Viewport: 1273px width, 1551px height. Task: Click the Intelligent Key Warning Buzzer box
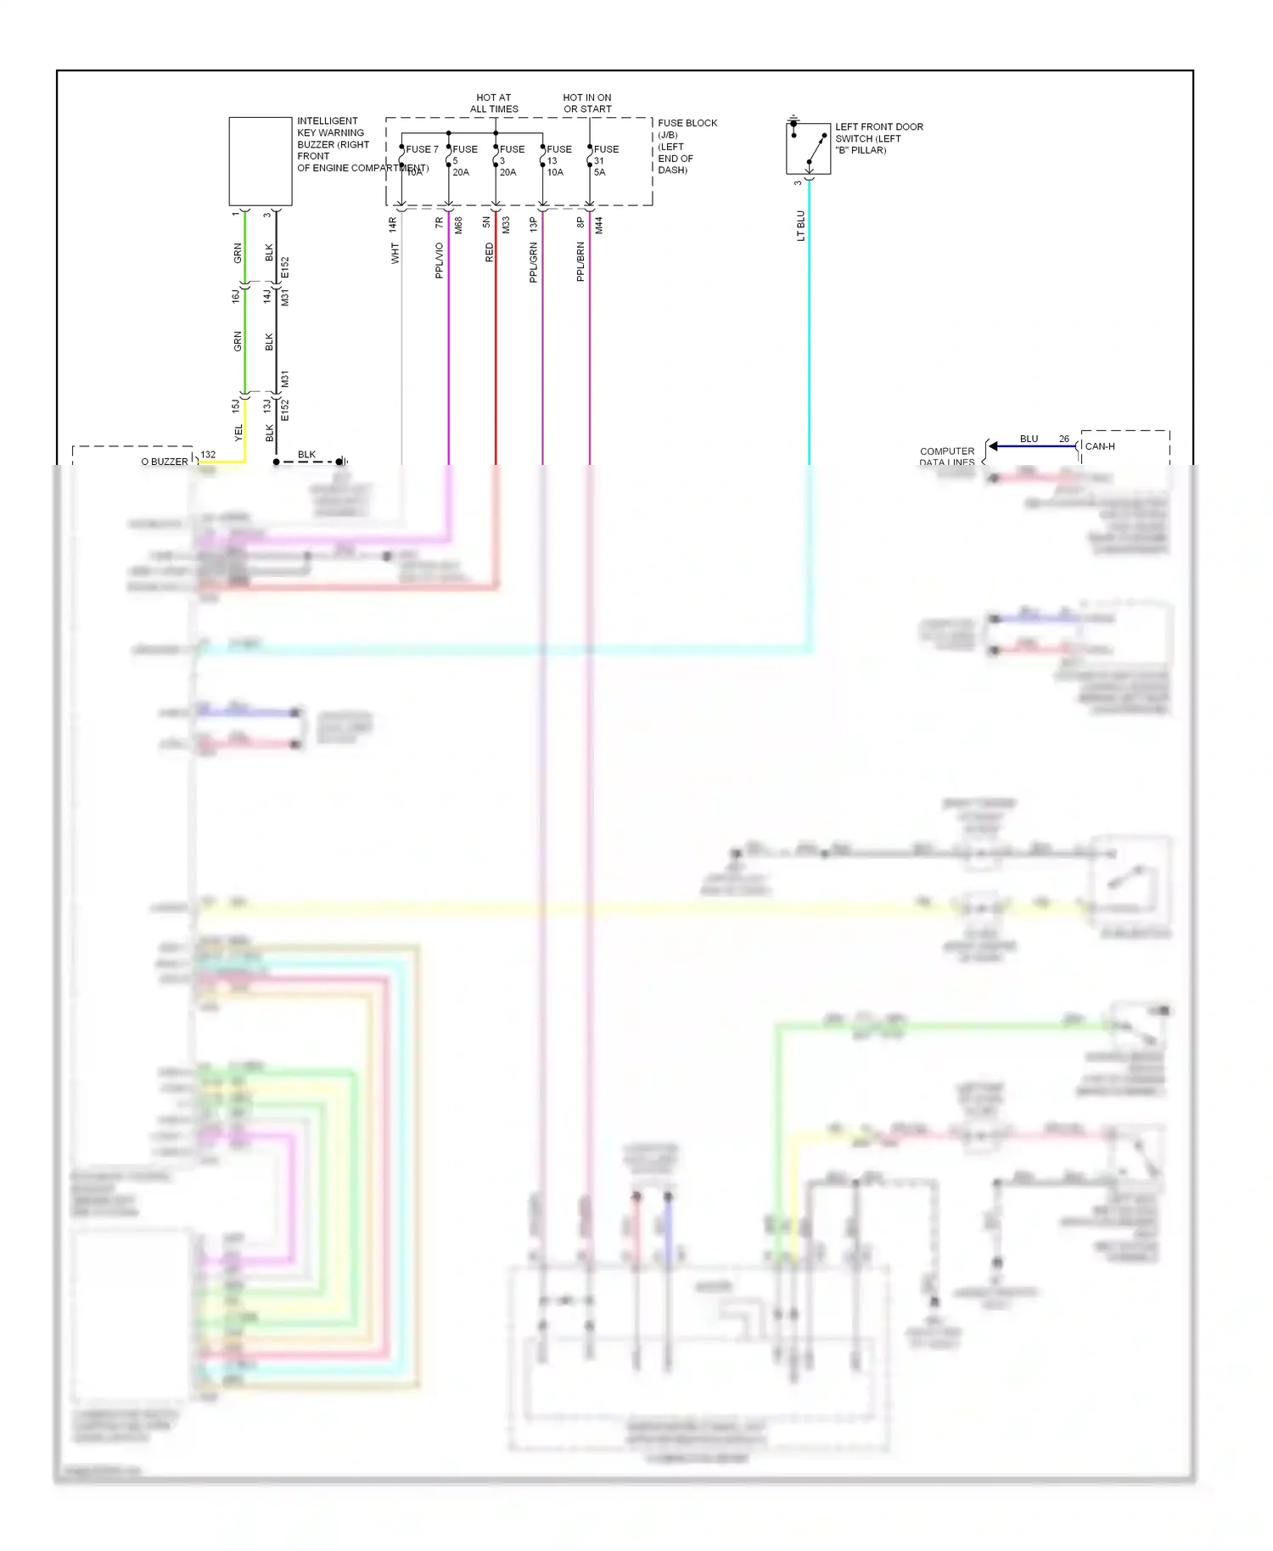[x=260, y=161]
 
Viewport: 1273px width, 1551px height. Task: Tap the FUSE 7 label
[x=422, y=149]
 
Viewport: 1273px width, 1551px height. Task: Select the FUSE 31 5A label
[x=605, y=160]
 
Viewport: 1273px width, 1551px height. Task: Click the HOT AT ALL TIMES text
[x=494, y=104]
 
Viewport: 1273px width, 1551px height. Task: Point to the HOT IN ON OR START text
[x=587, y=104]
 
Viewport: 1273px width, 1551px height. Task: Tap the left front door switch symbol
[x=808, y=148]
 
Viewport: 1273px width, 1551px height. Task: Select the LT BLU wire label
[x=800, y=226]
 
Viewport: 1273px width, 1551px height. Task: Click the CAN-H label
[x=1100, y=446]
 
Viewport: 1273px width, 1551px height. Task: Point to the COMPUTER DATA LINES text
[x=947, y=456]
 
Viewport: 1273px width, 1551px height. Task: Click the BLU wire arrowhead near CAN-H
[x=993, y=446]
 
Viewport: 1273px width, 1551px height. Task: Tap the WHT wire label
[x=395, y=253]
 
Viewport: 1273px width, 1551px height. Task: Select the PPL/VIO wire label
[x=439, y=260]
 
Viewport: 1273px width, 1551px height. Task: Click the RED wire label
[x=489, y=252]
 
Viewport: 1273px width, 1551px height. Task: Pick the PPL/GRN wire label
[x=533, y=262]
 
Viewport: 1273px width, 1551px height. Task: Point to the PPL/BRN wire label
[x=580, y=261]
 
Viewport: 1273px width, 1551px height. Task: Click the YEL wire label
[x=238, y=432]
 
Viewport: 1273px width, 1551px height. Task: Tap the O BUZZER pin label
[x=165, y=462]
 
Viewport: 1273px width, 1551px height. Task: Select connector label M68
[x=458, y=226]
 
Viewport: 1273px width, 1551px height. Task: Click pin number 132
[x=208, y=455]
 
